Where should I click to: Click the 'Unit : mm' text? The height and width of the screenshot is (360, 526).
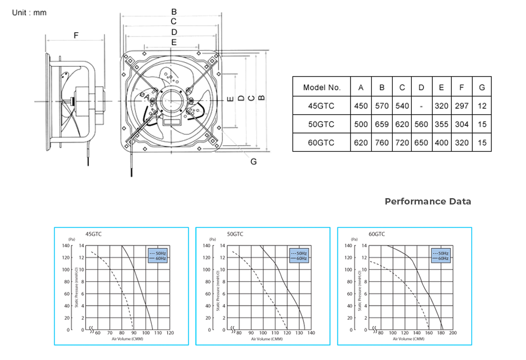point(29,13)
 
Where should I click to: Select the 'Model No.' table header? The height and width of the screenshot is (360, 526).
point(321,88)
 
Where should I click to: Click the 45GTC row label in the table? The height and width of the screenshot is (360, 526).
point(321,106)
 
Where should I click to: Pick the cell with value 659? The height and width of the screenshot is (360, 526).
point(382,124)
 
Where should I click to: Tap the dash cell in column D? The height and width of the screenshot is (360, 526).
point(421,106)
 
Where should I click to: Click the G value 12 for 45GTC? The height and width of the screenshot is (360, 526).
point(482,106)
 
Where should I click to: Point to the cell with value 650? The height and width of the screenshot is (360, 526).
point(421,142)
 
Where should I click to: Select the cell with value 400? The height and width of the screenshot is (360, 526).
point(441,142)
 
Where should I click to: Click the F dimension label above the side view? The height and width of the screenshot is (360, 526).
point(76,35)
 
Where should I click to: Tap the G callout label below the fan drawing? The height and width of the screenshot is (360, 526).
point(253,161)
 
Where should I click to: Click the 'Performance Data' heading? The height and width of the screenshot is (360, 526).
point(428,201)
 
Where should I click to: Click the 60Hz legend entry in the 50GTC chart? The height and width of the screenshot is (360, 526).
point(302,258)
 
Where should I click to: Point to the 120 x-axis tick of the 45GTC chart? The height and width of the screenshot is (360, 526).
point(170,333)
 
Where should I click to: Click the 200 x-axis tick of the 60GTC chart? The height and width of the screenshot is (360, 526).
point(453,333)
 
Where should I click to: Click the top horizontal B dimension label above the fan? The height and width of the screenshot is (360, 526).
point(174,12)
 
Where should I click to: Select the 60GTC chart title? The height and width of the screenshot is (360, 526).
point(376,234)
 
